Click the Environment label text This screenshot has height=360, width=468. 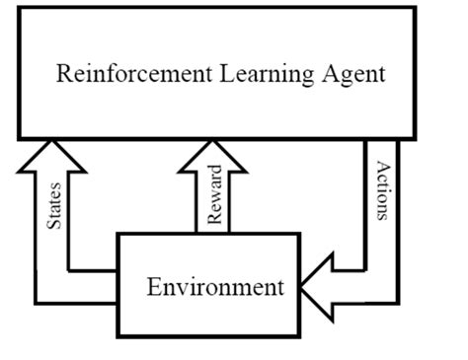click(214, 288)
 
